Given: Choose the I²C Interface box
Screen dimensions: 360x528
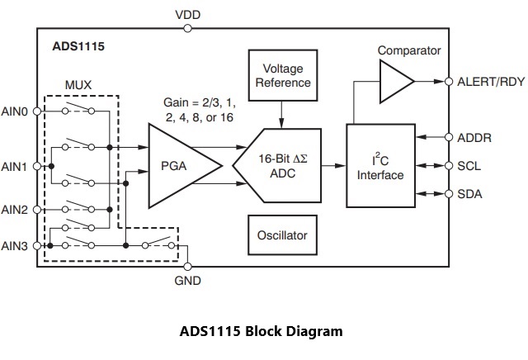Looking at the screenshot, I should (x=380, y=166).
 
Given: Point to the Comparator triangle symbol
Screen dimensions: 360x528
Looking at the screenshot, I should (x=395, y=81).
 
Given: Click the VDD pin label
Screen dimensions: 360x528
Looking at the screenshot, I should (x=188, y=15).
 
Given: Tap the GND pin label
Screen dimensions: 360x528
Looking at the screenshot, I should (x=188, y=281).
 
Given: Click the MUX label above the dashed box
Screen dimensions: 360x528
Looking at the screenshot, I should (x=79, y=85).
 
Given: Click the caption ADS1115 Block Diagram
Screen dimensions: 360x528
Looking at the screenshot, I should (x=261, y=332).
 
